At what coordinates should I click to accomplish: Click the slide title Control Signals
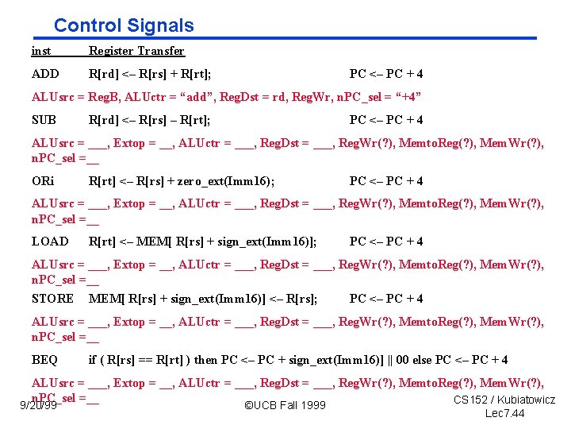point(124,25)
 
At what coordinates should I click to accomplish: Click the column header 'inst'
point(41,51)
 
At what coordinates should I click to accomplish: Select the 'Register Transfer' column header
point(136,51)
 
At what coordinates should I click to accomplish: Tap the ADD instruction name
point(45,74)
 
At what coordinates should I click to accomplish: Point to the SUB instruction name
point(44,120)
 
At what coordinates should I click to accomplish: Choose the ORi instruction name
point(42,180)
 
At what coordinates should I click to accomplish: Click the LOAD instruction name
point(50,241)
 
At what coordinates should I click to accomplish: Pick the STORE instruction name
point(52,299)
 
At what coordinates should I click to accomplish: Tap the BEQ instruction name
point(44,360)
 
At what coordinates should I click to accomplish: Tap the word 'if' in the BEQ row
point(93,360)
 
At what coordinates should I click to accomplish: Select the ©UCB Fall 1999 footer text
point(285,406)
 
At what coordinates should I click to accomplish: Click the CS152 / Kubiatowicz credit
point(504,400)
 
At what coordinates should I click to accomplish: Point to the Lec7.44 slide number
point(504,414)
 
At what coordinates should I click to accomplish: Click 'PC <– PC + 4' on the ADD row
point(386,74)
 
